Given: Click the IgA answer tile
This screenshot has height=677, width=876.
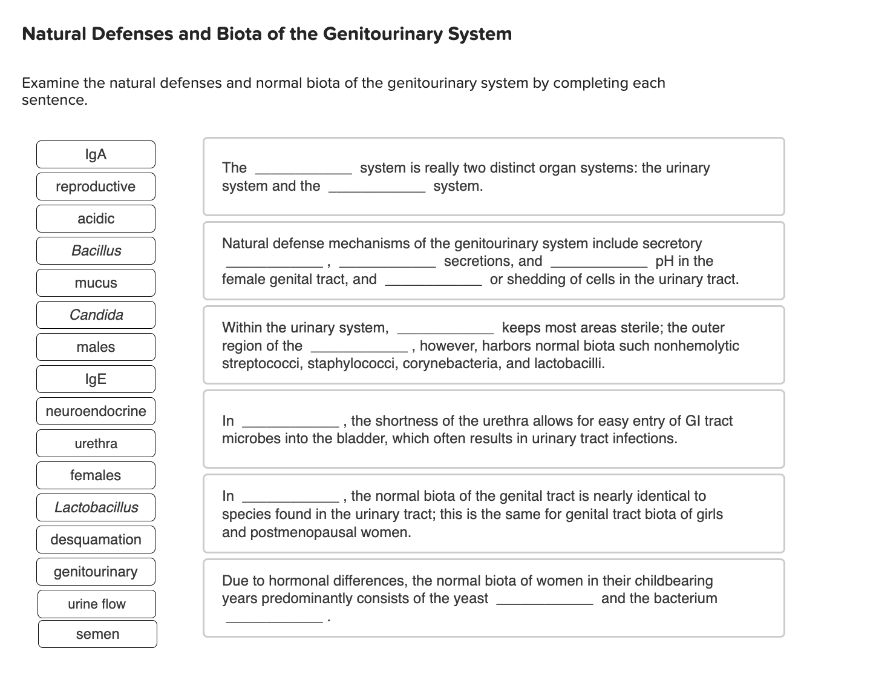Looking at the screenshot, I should pos(96,154).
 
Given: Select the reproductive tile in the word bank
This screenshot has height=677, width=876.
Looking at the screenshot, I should pos(96,187).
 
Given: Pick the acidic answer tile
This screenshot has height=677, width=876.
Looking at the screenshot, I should pos(96,219).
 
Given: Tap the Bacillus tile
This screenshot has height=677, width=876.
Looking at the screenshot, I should pos(96,251).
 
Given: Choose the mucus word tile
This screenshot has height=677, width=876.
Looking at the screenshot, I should pos(96,283).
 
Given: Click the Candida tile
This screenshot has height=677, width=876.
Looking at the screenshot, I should pos(96,315).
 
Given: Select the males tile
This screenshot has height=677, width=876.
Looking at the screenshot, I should pos(96,347).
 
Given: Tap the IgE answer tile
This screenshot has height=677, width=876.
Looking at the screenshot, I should pos(96,379).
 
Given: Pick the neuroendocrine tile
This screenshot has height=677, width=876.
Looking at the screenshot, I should pos(96,411).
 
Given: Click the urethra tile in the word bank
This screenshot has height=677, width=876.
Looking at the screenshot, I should pos(96,443).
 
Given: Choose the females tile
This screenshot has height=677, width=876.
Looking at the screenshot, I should pos(96,475).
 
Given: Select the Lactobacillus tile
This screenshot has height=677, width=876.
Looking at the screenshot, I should pos(96,507).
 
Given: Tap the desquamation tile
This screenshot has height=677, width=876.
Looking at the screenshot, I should pos(96,540).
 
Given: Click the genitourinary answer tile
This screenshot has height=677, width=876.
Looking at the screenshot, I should pos(96,572).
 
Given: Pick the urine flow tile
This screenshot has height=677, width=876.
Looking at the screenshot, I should pos(97,604).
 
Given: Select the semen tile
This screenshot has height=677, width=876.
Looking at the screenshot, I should pos(97,634).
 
